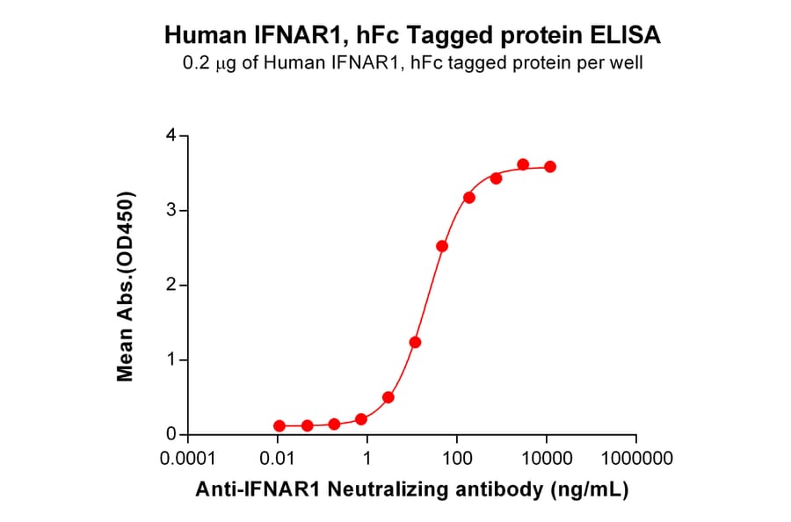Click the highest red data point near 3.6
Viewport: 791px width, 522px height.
pos(523,164)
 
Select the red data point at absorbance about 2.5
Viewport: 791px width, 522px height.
pos(442,246)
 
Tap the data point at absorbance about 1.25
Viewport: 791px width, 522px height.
pos(415,342)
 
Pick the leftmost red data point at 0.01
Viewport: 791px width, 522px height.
pos(279,425)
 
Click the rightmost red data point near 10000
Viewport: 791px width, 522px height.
pos(550,167)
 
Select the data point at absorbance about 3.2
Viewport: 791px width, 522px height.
pos(469,198)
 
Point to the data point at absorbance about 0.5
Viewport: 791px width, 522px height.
pos(388,397)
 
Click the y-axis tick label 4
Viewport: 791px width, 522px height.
pos(171,136)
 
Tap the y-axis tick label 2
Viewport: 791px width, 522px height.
pos(171,286)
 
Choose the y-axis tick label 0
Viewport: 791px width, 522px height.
pos(171,435)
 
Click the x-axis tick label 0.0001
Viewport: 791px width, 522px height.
pos(189,460)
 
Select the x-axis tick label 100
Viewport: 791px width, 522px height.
pos(457,460)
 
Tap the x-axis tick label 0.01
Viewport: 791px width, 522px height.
pos(279,460)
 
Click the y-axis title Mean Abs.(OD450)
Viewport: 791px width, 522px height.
pos(126,286)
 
